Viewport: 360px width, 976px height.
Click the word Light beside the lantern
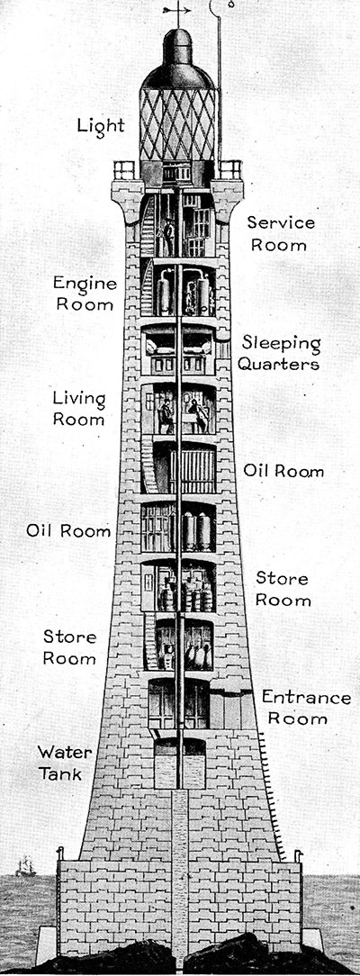click(x=101, y=126)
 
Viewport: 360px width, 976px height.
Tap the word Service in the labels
click(x=281, y=222)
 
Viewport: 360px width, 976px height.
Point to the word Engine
click(x=85, y=285)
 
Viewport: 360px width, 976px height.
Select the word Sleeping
click(x=282, y=344)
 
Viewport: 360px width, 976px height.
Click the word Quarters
click(x=278, y=365)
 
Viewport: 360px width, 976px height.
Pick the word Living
click(x=79, y=399)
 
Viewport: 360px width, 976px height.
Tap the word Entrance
click(x=306, y=697)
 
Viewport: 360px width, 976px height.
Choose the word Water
click(x=65, y=752)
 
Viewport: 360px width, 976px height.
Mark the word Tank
click(x=60, y=773)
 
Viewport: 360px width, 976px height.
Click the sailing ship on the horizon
click(x=25, y=866)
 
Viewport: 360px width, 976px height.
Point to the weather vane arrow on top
click(x=176, y=10)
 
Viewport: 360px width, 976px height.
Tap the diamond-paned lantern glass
click(x=178, y=124)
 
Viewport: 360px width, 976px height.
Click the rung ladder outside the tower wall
click(x=274, y=797)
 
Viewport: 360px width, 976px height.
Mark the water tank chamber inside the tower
click(x=180, y=764)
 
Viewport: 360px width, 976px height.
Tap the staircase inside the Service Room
click(x=148, y=227)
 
